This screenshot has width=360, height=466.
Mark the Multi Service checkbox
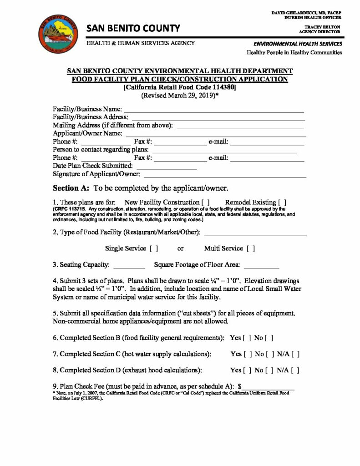tap(250, 248)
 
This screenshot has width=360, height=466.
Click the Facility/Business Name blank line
tap(214, 111)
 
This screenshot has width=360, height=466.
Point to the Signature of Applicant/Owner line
tap(225, 176)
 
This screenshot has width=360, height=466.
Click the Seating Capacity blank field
tap(128, 265)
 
